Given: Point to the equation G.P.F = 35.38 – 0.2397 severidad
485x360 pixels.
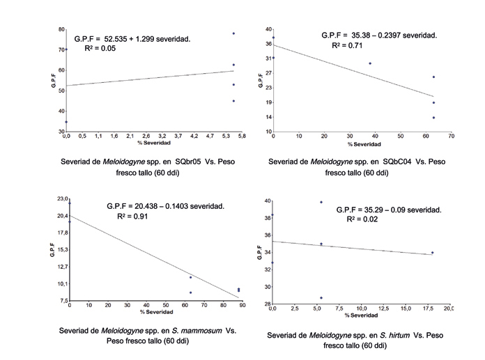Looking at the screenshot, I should pos(379,35).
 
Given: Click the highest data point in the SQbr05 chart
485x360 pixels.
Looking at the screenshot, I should pos(233,33).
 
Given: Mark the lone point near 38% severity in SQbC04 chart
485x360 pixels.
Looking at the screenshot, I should pos(369,63).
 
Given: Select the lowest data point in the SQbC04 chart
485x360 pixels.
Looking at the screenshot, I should pos(433,118).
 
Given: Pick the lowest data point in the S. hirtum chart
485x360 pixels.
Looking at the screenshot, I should pos(321,298).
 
